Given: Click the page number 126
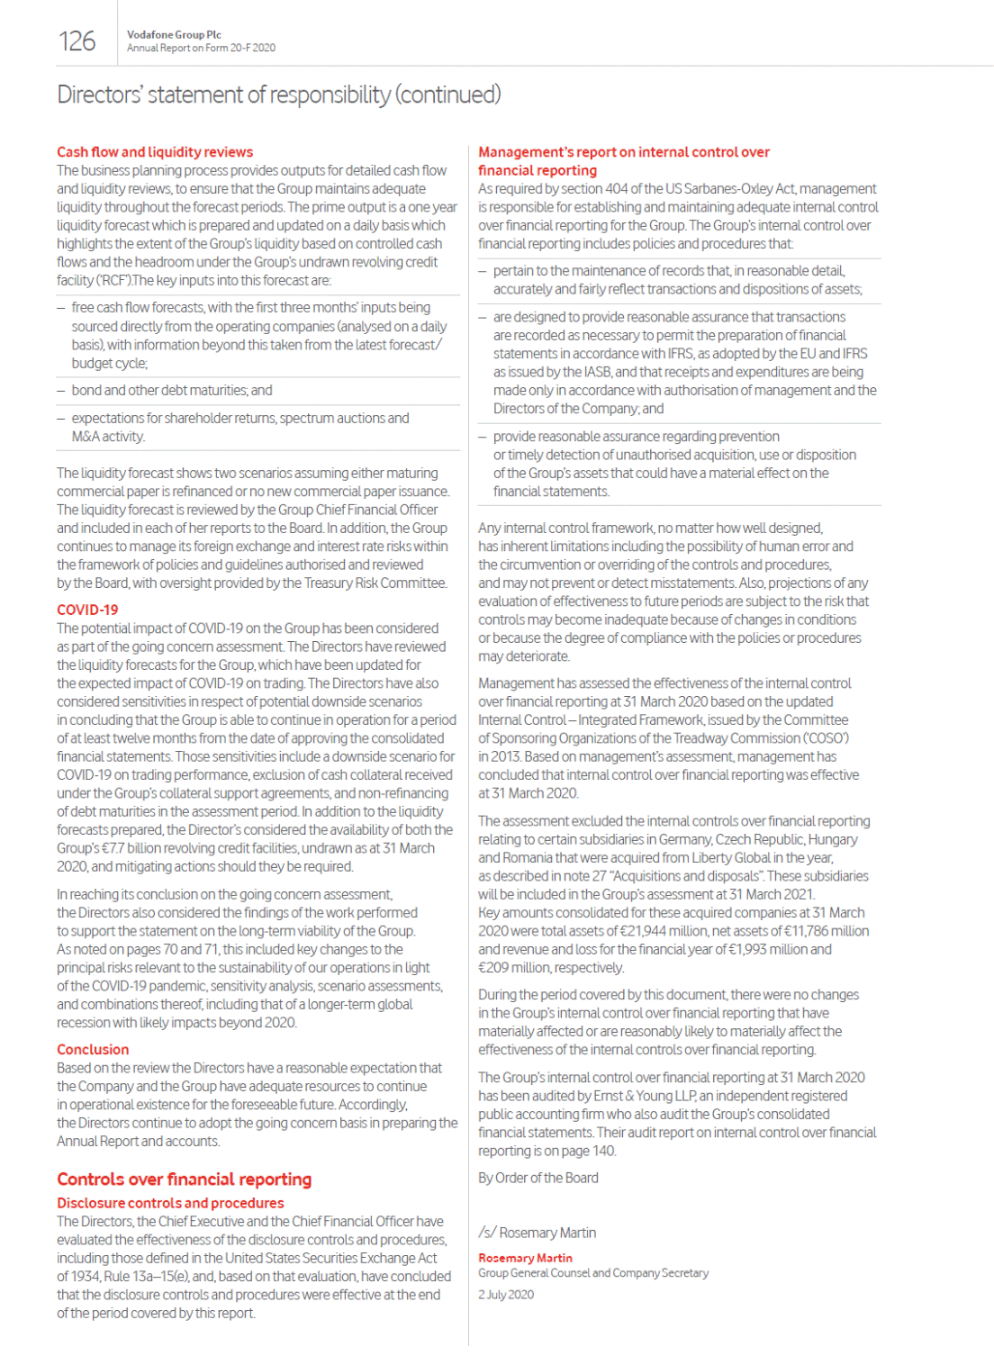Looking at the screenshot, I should pyautogui.click(x=77, y=41).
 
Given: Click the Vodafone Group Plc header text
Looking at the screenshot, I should pyautogui.click(x=174, y=34).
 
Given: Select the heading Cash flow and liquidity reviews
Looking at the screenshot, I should pyautogui.click(x=155, y=151).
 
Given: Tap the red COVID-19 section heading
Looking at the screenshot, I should pyautogui.click(x=87, y=610).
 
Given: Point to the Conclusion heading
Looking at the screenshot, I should pyautogui.click(x=93, y=1049).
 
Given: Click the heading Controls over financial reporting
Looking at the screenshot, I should pyautogui.click(x=184, y=1179).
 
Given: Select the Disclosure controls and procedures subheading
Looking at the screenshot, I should pyautogui.click(x=170, y=1203).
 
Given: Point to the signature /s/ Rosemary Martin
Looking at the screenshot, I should pyautogui.click(x=537, y=1233).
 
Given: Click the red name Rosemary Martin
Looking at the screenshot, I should pyautogui.click(x=525, y=1258).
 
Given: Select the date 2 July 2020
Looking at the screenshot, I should pyautogui.click(x=506, y=1295).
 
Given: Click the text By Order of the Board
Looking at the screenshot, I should pyautogui.click(x=538, y=1178).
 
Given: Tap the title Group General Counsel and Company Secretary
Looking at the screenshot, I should pyautogui.click(x=592, y=1273).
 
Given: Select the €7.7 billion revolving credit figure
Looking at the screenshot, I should pyautogui.click(x=139, y=848).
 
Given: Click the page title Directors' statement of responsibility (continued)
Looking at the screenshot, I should pyautogui.click(x=279, y=95).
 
